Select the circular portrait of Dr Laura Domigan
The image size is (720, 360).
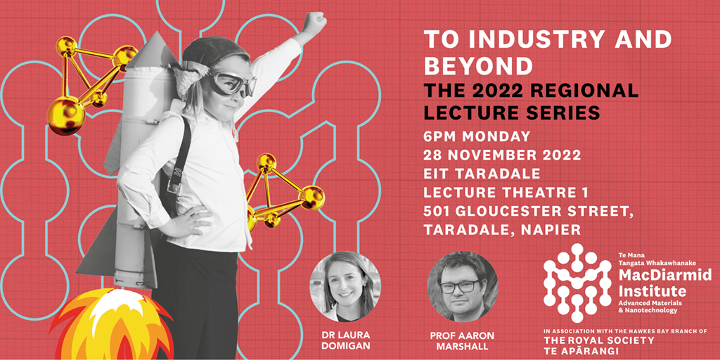coord(345,286)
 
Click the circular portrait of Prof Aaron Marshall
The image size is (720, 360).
coord(463,286)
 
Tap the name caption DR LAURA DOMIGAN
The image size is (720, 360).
coord(345,340)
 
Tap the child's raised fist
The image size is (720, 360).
coord(315,21)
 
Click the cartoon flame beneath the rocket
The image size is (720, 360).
coord(112,324)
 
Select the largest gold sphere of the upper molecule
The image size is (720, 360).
coord(65,115)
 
